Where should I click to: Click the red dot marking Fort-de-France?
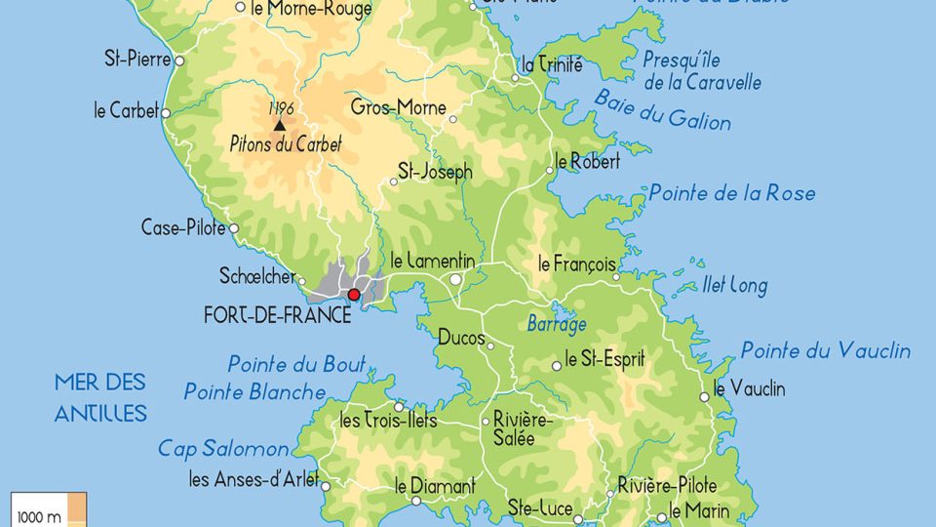(x=354, y=294)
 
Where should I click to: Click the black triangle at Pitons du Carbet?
(x=280, y=125)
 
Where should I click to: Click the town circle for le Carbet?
(x=166, y=113)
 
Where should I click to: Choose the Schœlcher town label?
(x=257, y=277)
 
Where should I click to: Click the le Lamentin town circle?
(x=454, y=279)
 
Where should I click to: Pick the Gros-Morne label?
(x=398, y=106)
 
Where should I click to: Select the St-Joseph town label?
(x=434, y=172)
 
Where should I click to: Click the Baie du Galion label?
(x=662, y=109)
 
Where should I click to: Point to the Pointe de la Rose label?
(x=731, y=193)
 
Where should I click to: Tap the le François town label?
(x=577, y=263)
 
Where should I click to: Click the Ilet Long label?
(x=734, y=286)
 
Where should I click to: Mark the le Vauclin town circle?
(x=705, y=397)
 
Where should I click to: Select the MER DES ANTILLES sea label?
(x=100, y=397)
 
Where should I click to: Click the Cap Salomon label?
(x=223, y=449)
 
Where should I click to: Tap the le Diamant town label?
(x=435, y=485)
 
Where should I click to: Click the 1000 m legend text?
(x=39, y=517)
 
